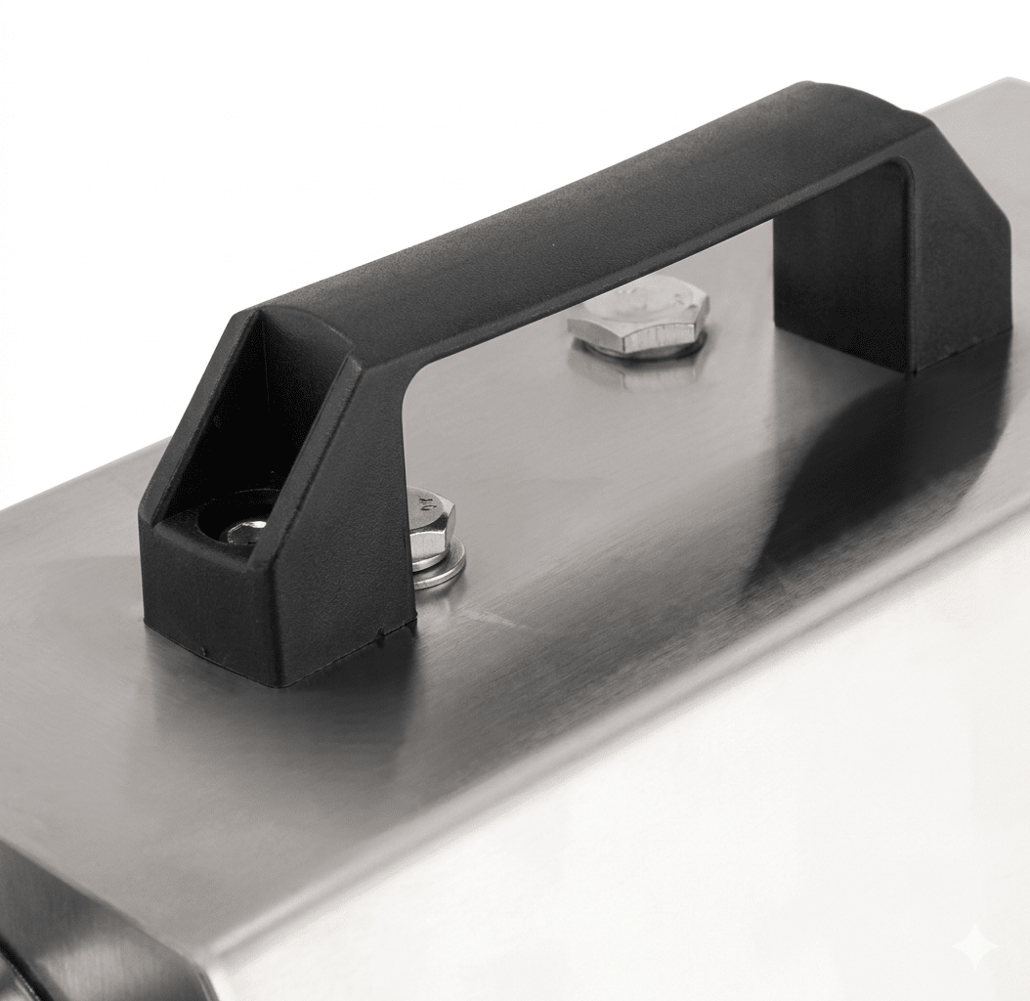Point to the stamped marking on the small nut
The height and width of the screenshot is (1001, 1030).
click(427, 504)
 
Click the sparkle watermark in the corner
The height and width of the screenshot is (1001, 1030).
click(975, 945)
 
